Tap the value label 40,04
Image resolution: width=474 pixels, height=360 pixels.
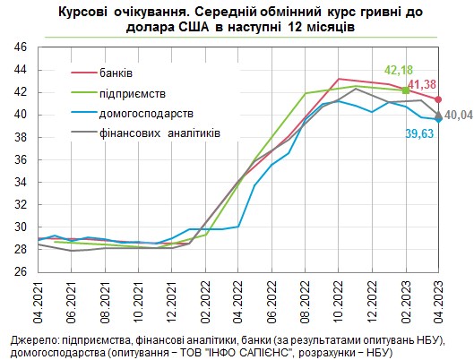click(457, 115)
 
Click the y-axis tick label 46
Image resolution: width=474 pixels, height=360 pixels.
click(21, 47)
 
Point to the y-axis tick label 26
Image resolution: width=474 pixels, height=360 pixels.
click(21, 271)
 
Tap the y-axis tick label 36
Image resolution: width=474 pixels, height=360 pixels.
click(21, 159)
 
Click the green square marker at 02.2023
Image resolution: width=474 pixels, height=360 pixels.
click(405, 90)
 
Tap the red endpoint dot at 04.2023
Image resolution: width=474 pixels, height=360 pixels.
click(438, 99)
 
